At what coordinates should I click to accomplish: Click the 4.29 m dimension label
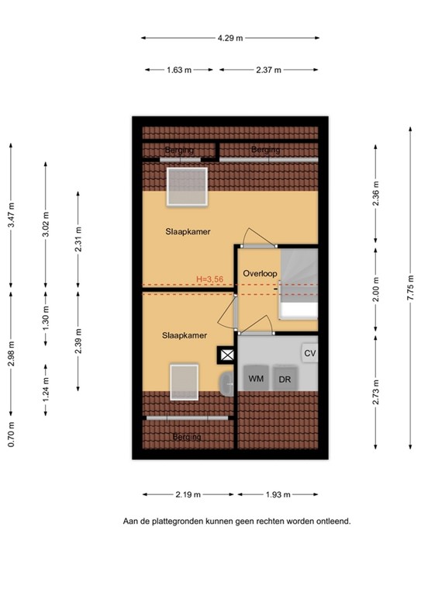coord(230,37)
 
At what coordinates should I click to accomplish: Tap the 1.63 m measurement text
coord(179,70)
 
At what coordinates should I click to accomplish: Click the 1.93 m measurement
coord(278,494)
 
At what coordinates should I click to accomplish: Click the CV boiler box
coord(310,353)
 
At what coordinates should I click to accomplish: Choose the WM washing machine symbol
coord(255,379)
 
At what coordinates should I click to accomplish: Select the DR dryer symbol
coord(285,379)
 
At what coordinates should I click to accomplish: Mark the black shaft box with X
coord(227,355)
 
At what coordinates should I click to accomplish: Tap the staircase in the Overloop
coord(298,283)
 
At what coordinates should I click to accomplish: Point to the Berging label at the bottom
coord(187,437)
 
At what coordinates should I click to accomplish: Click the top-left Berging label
coord(178,150)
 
